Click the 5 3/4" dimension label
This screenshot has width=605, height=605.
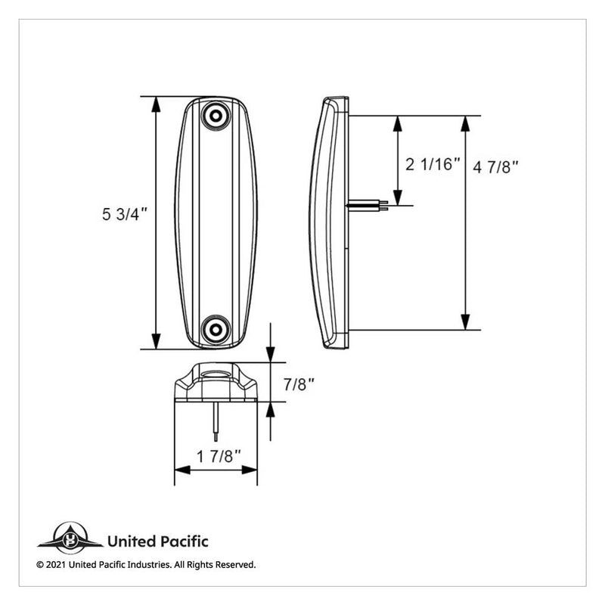click(x=124, y=215)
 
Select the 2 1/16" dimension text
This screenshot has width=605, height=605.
click(x=433, y=164)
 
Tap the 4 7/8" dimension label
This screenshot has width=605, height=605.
click(x=497, y=167)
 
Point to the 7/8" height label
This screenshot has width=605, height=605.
click(x=299, y=384)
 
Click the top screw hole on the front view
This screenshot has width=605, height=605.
click(x=216, y=116)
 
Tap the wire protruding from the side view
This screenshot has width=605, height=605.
click(x=369, y=203)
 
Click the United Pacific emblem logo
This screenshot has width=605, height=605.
click(x=70, y=539)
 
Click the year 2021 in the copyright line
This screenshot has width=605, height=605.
click(x=57, y=564)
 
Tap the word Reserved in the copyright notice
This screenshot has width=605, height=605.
click(x=235, y=564)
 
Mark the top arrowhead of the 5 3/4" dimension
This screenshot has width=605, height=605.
click(x=157, y=104)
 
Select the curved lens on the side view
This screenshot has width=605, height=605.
click(x=318, y=223)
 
